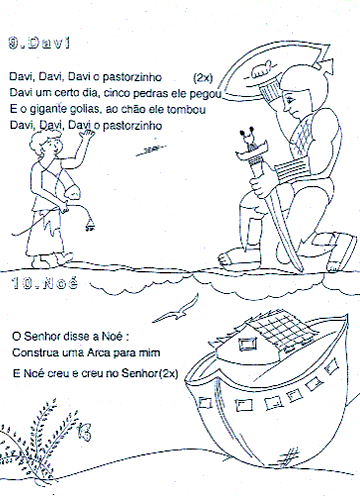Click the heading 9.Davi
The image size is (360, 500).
[39, 43]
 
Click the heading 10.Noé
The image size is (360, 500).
[45, 283]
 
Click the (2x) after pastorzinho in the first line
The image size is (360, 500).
[203, 78]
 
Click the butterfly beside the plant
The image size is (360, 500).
[84, 432]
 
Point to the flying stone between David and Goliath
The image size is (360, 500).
[151, 150]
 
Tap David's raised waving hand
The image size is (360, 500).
[87, 135]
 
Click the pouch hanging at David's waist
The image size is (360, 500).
[71, 191]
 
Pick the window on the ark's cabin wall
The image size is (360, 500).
[248, 344]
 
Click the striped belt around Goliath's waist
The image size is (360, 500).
[291, 171]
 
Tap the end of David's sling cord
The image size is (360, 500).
[89, 227]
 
